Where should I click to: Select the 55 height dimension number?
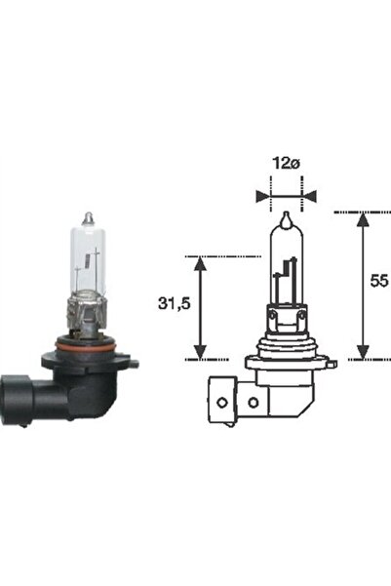[379, 282]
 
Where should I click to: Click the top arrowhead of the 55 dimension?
[363, 217]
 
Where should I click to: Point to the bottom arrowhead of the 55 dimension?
[363, 353]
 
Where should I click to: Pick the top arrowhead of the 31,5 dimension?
[201, 262]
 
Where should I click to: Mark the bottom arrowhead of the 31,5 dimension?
[201, 353]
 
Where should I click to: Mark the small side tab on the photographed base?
[134, 364]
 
